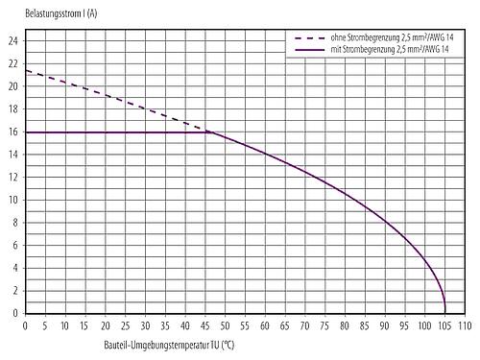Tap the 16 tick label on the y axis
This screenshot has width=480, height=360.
pos(12,132)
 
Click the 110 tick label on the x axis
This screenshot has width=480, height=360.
pos(465,325)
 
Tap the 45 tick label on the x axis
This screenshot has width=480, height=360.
pos(205,325)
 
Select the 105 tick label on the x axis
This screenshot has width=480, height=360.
pos(444,325)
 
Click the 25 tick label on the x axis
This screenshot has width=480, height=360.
pos(125,325)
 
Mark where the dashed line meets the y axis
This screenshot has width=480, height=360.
pos(25,70)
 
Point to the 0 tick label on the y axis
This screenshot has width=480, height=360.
pos(14,313)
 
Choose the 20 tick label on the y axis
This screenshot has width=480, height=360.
pos(12,86)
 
